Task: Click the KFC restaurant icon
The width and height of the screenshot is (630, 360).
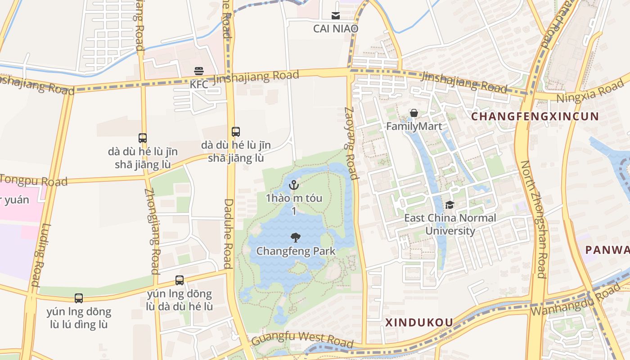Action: pyautogui.click(x=199, y=71)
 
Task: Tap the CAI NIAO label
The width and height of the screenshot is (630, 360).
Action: pyautogui.click(x=336, y=28)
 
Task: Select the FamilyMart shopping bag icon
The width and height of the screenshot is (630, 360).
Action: pyautogui.click(x=414, y=113)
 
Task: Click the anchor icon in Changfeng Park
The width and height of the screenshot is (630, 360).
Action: pyautogui.click(x=294, y=184)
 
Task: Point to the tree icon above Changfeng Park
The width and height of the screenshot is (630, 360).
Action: pyautogui.click(x=296, y=238)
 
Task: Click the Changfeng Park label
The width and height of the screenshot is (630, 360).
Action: pyautogui.click(x=296, y=251)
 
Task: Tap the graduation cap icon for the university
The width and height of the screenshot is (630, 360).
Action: pyautogui.click(x=450, y=205)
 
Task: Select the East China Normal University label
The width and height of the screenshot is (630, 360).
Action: pyautogui.click(x=450, y=225)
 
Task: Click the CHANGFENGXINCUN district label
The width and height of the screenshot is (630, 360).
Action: pyautogui.click(x=535, y=117)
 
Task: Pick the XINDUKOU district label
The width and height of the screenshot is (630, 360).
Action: pyautogui.click(x=419, y=322)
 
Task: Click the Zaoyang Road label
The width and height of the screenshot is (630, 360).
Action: pyautogui.click(x=351, y=143)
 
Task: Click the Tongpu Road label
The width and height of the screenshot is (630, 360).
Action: pyautogui.click(x=34, y=180)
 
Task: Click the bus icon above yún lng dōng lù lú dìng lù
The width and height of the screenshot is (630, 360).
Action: pyautogui.click(x=79, y=298)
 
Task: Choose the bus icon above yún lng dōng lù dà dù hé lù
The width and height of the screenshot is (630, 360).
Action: pyautogui.click(x=180, y=280)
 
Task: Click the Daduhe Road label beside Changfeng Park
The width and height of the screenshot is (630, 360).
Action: pyautogui.click(x=228, y=234)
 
